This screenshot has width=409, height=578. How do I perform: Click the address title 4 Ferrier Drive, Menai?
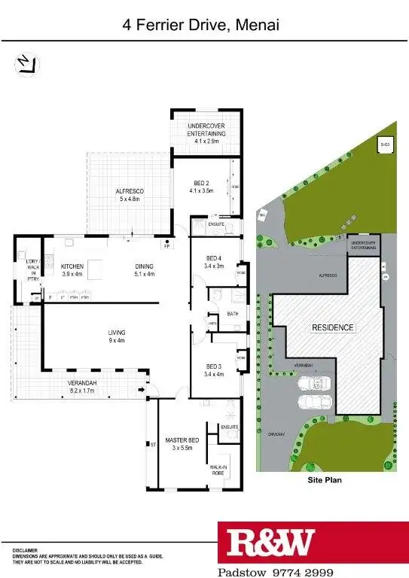(201, 25)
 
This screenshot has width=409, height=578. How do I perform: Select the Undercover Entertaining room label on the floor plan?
(206, 133)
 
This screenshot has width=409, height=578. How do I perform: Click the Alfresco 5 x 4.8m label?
(130, 196)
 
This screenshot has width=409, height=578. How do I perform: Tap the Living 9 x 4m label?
(116, 336)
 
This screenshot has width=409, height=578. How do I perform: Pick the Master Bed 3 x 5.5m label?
(182, 443)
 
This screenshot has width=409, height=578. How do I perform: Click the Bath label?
(233, 314)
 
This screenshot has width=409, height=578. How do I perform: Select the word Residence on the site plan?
(332, 328)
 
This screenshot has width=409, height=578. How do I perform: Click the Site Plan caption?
(325, 479)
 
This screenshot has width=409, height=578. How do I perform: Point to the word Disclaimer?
(24, 551)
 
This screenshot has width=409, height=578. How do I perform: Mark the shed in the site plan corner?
(385, 145)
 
